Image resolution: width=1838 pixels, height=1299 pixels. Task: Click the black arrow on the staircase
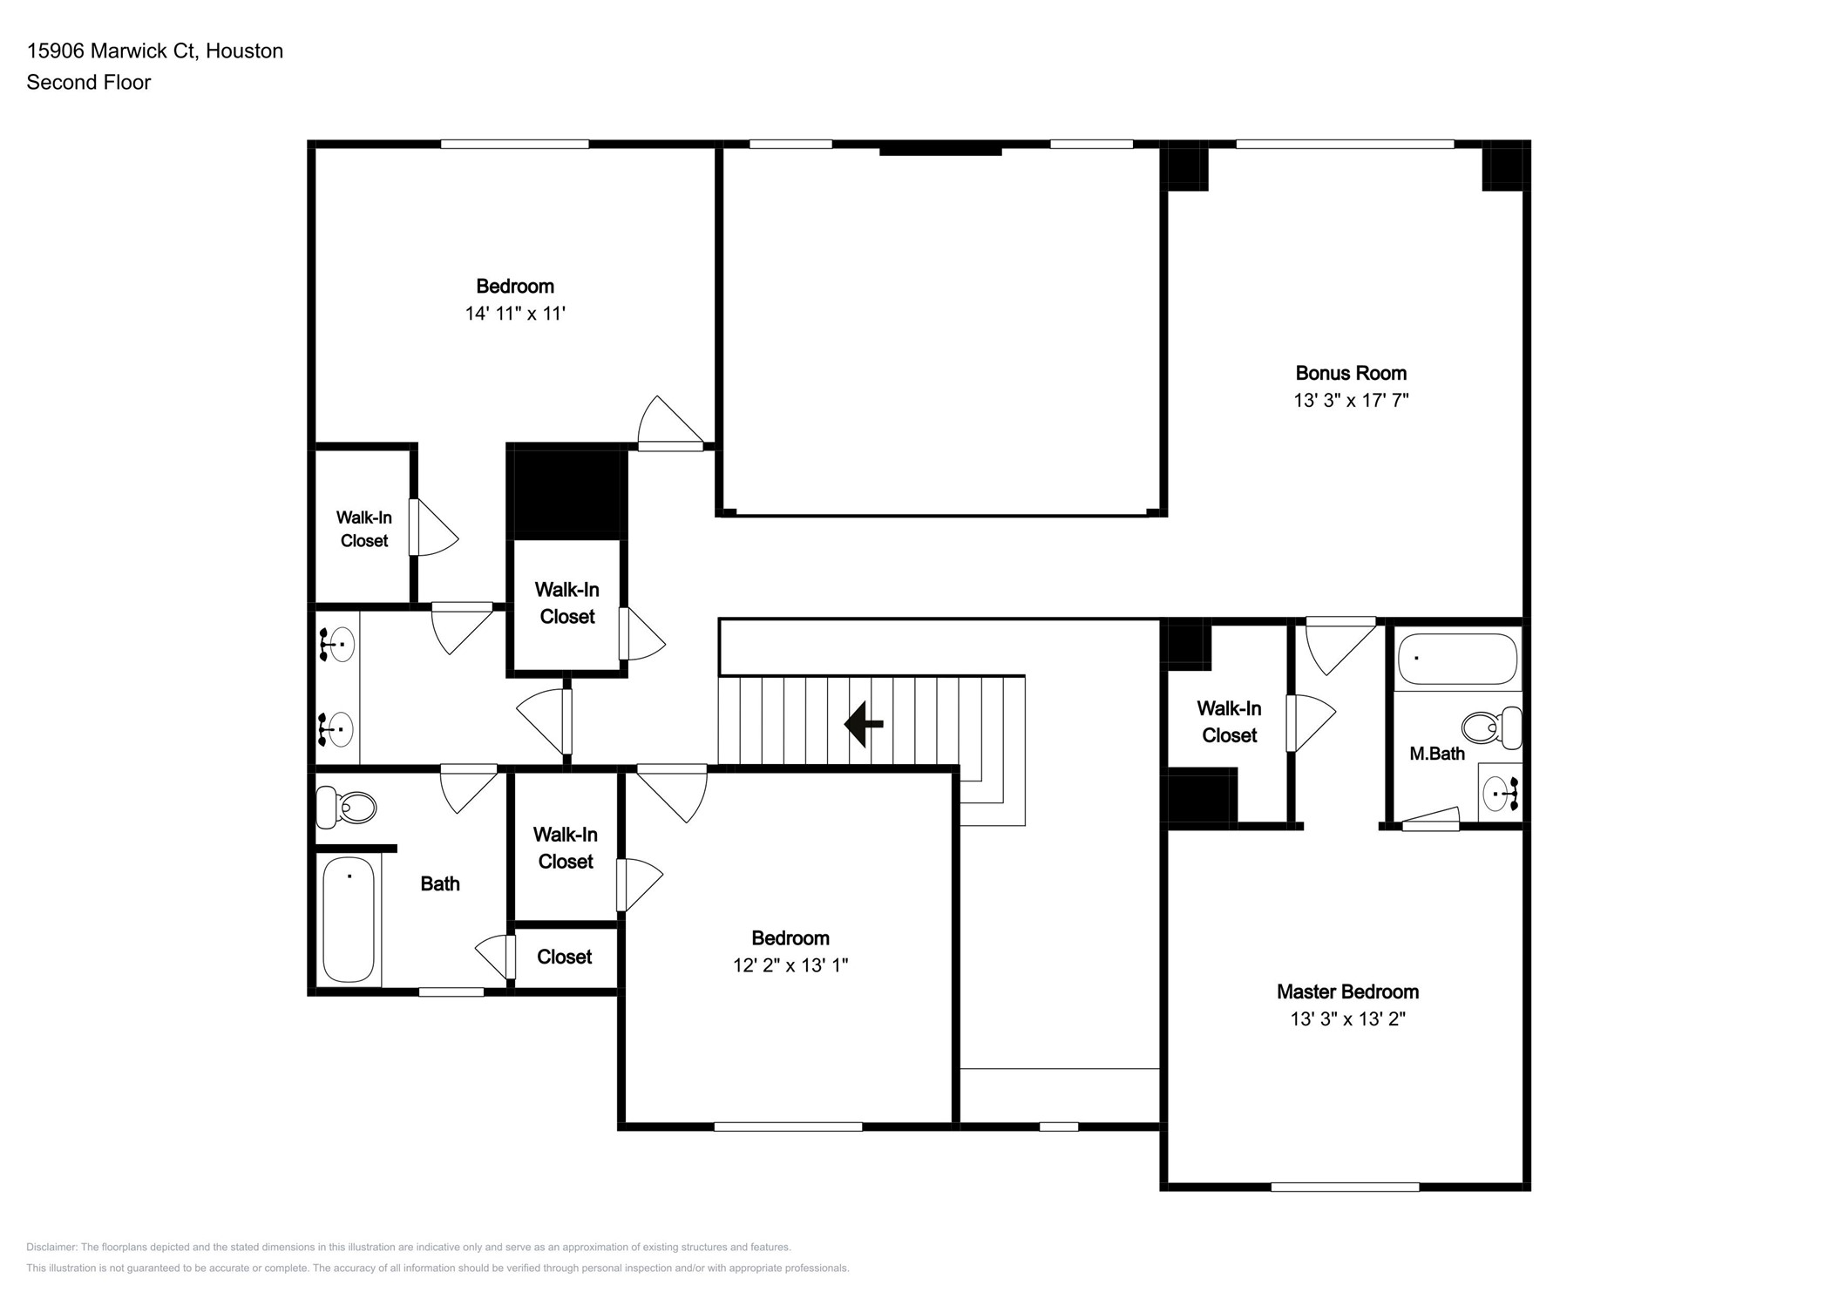coord(863,724)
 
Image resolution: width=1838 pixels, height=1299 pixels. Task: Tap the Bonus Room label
coord(1350,374)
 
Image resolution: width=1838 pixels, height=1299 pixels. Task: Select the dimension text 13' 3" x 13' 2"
coord(1347,1018)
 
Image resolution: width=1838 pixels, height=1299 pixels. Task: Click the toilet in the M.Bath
coord(1490,727)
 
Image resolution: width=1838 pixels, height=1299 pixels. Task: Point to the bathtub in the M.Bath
coord(1456,659)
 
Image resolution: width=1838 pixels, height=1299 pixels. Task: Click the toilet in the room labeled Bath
coord(346,807)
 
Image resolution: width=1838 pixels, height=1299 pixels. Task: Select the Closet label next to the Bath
coord(564,957)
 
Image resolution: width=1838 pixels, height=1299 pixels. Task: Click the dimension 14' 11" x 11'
coord(515,314)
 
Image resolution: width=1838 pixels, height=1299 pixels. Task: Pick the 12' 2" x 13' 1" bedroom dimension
coord(790,965)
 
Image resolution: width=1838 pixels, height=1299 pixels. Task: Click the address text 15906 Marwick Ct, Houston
coord(155,51)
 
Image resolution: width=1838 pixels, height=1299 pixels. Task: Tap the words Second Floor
coord(89,83)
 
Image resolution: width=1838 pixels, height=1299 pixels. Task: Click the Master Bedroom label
coord(1347,991)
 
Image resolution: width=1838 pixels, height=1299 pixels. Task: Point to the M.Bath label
coord(1436,754)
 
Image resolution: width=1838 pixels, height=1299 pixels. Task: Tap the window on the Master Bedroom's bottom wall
coord(1345,1187)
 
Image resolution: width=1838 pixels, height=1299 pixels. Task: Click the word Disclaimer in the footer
coord(51,1248)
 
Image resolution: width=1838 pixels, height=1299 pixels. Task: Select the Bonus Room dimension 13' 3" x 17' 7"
coord(1350,401)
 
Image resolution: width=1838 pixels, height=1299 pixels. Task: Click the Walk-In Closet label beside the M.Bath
coord(1228,722)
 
